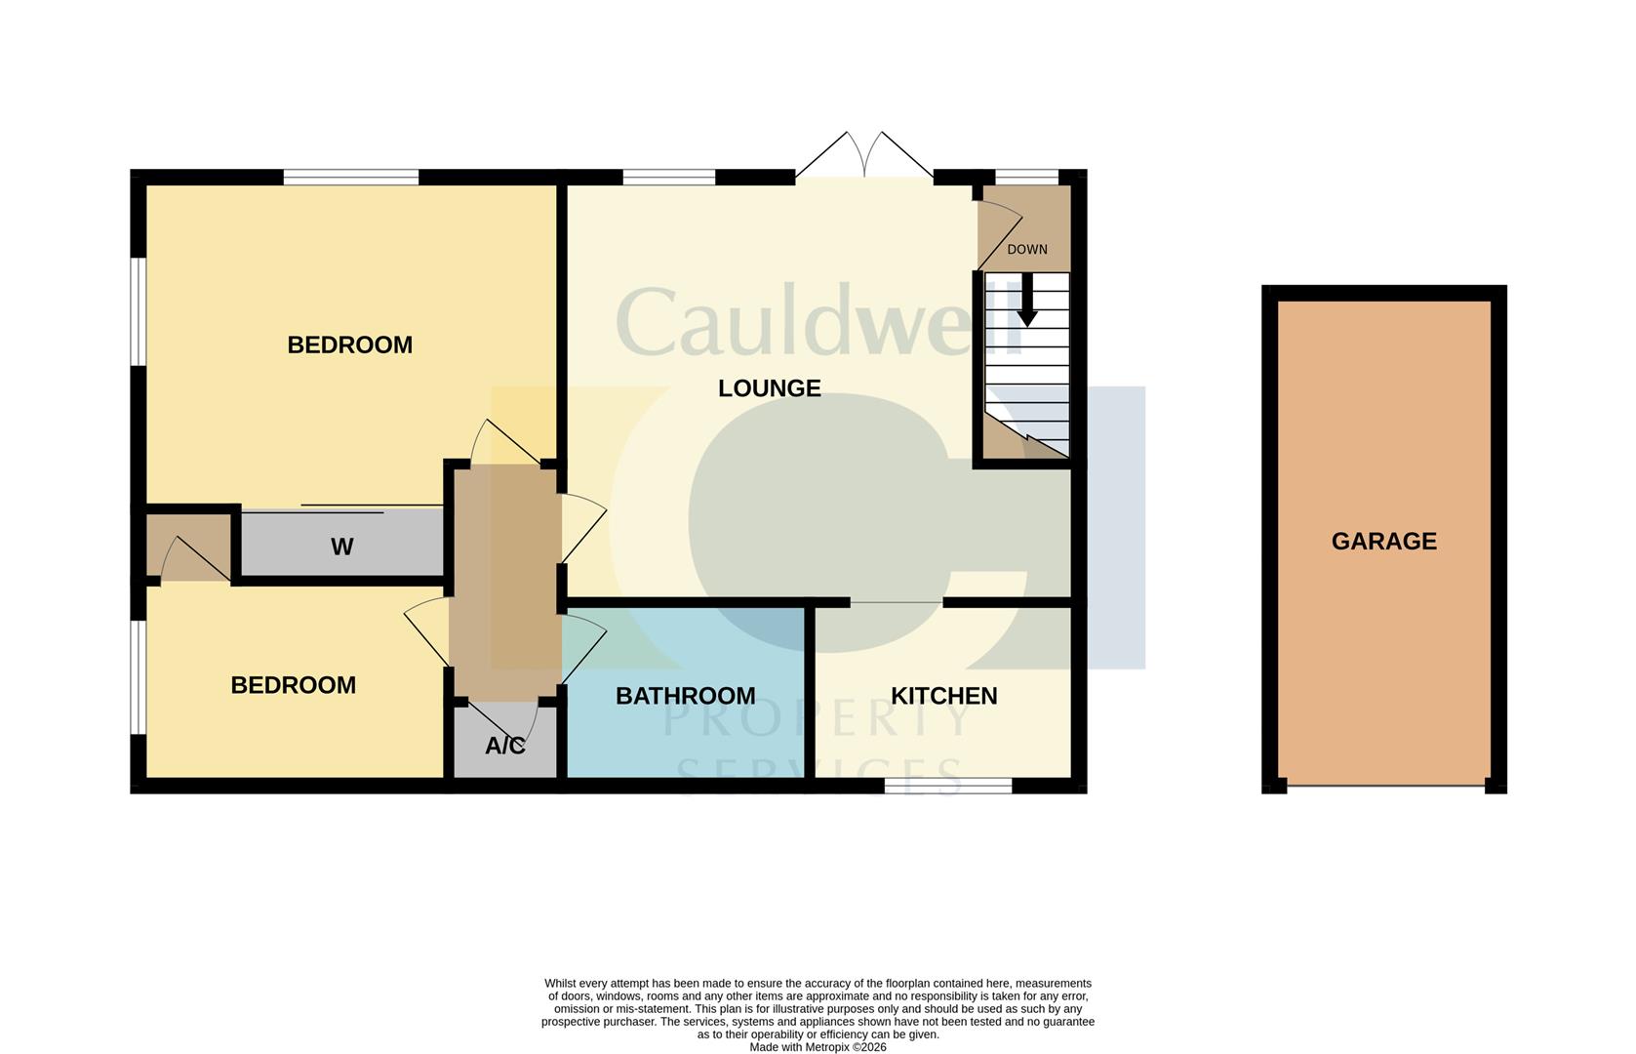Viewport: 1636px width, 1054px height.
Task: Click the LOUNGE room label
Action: [769, 387]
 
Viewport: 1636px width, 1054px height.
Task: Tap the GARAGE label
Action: [1384, 542]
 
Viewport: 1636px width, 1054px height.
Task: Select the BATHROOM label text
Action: [685, 696]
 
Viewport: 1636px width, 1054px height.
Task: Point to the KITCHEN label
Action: [943, 696]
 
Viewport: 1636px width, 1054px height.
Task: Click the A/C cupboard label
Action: [505, 746]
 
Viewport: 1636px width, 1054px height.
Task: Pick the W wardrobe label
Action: [341, 547]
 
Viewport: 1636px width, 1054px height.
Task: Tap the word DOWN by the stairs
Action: [1027, 249]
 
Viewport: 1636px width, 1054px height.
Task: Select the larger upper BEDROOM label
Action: [350, 345]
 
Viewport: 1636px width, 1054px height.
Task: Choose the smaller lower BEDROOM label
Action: [293, 685]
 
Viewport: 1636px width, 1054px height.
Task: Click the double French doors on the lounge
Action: [864, 155]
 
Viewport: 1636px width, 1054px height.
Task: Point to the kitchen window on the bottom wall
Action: [948, 786]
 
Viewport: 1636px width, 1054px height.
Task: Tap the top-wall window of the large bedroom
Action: [351, 177]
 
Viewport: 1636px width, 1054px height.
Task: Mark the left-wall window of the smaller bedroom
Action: [138, 676]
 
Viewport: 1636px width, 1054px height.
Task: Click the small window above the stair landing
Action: [1026, 177]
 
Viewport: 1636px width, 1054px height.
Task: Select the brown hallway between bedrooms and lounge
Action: [505, 583]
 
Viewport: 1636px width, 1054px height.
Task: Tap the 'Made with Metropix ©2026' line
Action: [818, 1047]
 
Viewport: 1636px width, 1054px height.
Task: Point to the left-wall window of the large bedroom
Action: [138, 310]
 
